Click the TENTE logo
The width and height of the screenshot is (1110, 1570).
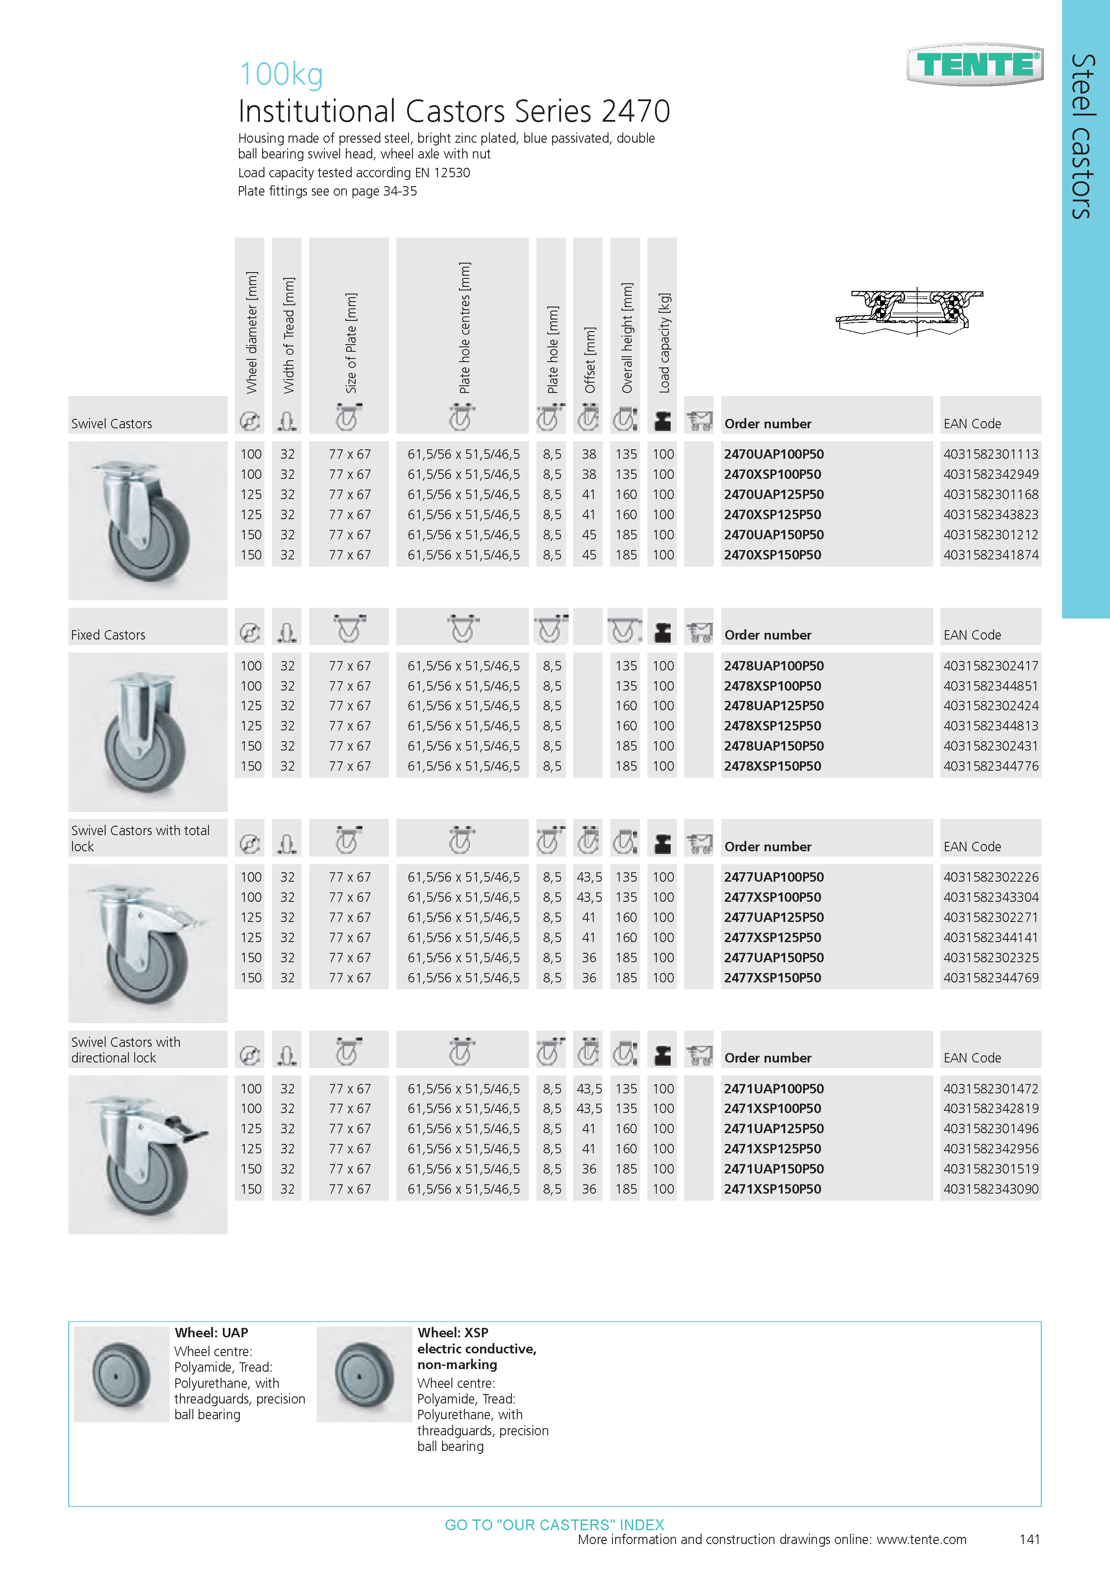point(975,65)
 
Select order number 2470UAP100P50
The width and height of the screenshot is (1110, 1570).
point(774,454)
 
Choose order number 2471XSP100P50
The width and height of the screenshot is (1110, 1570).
point(772,1109)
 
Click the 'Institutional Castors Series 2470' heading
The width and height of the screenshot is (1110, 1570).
point(454,111)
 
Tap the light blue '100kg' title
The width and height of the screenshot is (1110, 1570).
point(281,74)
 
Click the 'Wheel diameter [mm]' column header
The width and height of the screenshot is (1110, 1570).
point(251,333)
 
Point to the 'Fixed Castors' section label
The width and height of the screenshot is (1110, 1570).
point(108,635)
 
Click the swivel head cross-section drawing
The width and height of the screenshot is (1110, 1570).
point(909,312)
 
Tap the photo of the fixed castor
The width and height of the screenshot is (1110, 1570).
point(148,732)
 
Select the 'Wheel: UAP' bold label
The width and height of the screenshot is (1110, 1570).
point(211,1333)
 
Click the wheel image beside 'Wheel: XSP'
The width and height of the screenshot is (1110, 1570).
point(364,1375)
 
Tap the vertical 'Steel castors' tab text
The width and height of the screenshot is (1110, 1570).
point(1083,137)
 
